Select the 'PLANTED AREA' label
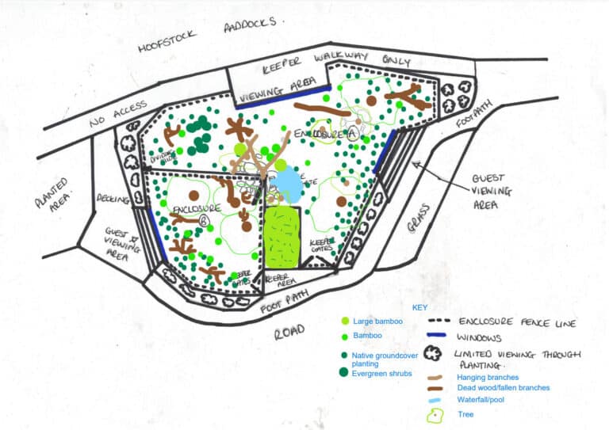(x=53, y=192)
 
